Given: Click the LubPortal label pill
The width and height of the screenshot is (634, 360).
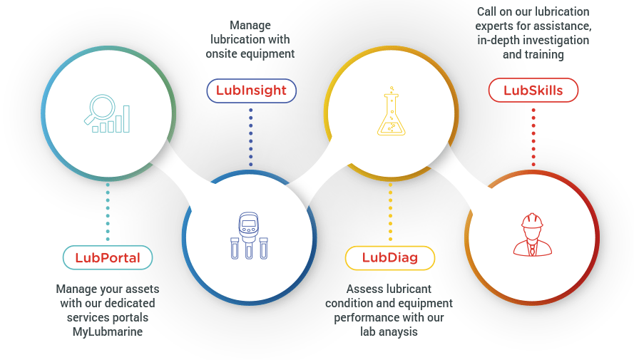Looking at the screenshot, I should tap(108, 257).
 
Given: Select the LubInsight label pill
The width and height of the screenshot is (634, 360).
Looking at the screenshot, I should tap(250, 91).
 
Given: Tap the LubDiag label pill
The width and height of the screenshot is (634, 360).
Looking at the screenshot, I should tap(389, 257).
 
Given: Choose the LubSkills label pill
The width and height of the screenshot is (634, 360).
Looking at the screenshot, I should tap(533, 91).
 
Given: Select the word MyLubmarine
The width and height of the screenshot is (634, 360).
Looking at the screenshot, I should tap(108, 331).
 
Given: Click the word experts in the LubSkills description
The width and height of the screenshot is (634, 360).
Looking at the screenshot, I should tap(501, 26).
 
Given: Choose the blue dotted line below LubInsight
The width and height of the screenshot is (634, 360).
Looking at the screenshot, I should tap(250, 136).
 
